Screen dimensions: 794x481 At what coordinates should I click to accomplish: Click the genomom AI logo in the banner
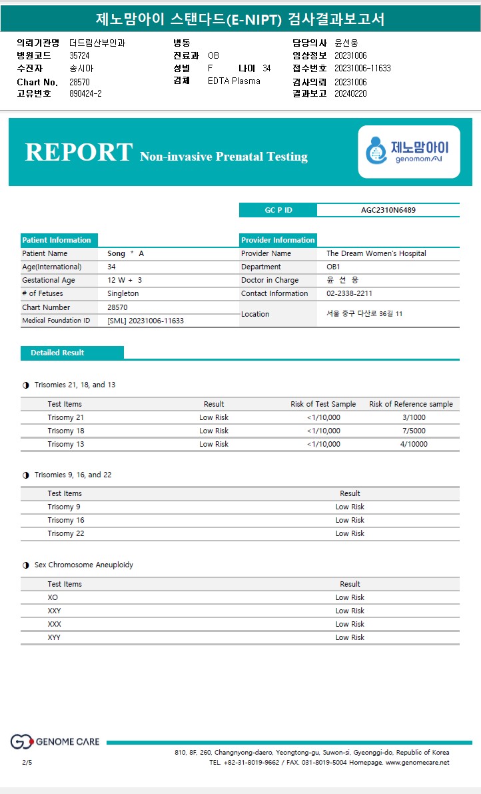pyautogui.click(x=408, y=151)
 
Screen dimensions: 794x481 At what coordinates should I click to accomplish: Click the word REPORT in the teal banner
pyautogui.click(x=79, y=152)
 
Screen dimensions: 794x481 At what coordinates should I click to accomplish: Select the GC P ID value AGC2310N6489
pyautogui.click(x=388, y=210)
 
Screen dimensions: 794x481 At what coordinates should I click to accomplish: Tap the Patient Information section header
pyautogui.click(x=57, y=240)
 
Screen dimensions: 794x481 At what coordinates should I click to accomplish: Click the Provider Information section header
pyautogui.click(x=278, y=240)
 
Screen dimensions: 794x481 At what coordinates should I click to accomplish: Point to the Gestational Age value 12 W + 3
pyautogui.click(x=125, y=280)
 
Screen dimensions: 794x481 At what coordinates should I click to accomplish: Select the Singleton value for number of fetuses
pyautogui.click(x=123, y=293)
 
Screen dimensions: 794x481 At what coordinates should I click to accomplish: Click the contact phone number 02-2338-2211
pyautogui.click(x=349, y=293)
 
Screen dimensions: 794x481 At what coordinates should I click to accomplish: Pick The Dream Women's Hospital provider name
pyautogui.click(x=376, y=253)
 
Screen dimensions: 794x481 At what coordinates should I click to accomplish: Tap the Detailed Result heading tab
pyautogui.click(x=57, y=353)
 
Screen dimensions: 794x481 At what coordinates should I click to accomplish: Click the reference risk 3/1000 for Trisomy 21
pyautogui.click(x=414, y=417)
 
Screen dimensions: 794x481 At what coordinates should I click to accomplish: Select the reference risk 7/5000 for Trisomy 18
pyautogui.click(x=414, y=431)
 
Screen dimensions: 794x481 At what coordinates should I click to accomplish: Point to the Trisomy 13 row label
pyautogui.click(x=66, y=444)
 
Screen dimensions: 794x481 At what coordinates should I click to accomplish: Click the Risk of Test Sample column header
pyautogui.click(x=323, y=404)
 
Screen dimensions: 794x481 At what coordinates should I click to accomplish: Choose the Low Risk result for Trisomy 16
pyautogui.click(x=350, y=520)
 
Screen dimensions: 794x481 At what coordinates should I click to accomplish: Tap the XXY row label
pyautogui.click(x=54, y=611)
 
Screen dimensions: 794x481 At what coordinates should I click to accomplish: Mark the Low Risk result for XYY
pyautogui.click(x=350, y=637)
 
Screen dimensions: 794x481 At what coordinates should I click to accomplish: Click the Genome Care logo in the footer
pyautogui.click(x=55, y=741)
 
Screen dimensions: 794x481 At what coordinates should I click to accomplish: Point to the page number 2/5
pyautogui.click(x=27, y=762)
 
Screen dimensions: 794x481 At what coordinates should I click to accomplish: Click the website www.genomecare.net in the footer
pyautogui.click(x=417, y=762)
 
